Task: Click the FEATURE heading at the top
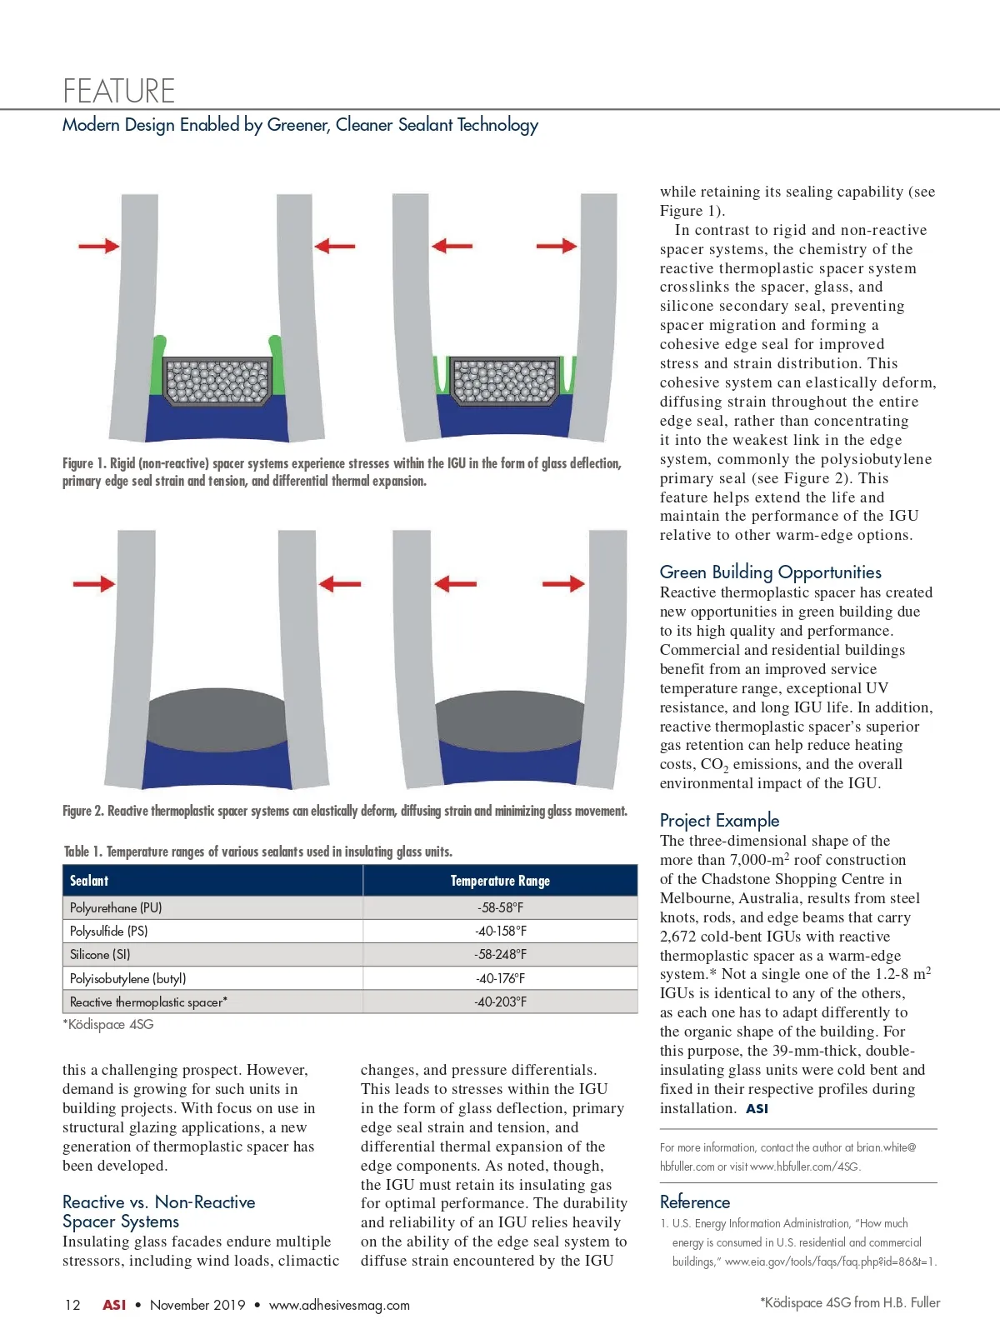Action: tap(119, 90)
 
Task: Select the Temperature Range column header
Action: tap(500, 881)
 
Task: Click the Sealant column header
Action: tap(89, 881)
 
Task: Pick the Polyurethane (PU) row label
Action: tap(116, 907)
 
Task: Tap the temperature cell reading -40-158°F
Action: tap(500, 931)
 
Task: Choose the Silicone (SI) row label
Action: tap(100, 954)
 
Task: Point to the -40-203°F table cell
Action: tap(500, 1002)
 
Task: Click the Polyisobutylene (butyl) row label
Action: tap(127, 978)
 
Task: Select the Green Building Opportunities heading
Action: tap(770, 572)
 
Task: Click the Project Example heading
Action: tap(719, 820)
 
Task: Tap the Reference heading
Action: tap(694, 1202)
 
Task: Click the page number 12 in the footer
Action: tap(72, 1305)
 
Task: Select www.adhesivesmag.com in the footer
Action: tap(339, 1305)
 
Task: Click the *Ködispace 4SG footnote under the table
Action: tap(108, 1024)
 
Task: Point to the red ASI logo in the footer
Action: tap(114, 1305)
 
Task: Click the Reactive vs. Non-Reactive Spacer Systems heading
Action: tap(158, 1212)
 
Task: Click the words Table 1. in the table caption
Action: tap(83, 852)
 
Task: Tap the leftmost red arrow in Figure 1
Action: tap(98, 246)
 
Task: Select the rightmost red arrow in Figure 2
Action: tap(563, 583)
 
